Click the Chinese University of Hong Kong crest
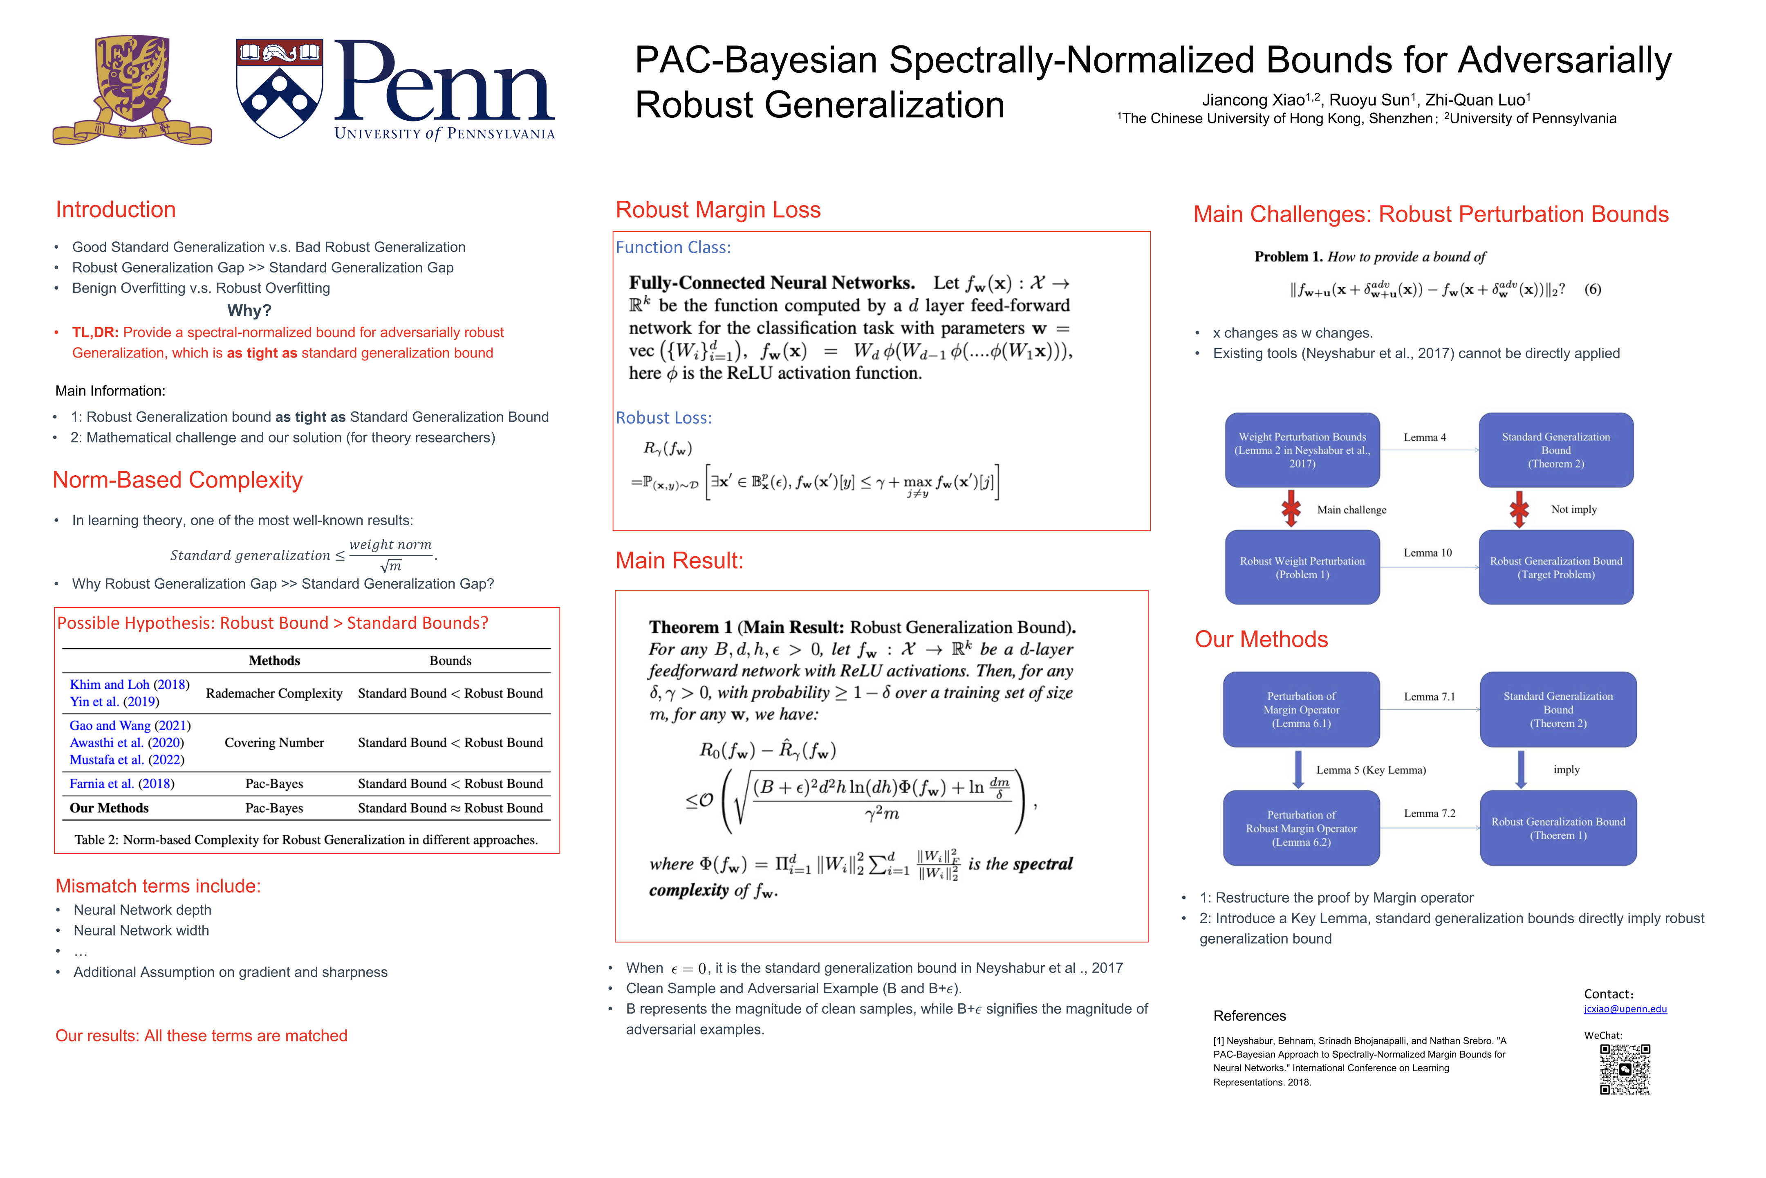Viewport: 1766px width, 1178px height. pyautogui.click(x=132, y=89)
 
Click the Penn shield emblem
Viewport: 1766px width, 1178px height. pyautogui.click(x=279, y=89)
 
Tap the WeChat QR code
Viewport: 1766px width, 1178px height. pyautogui.click(x=1625, y=1069)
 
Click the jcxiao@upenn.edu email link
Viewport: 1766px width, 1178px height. pyautogui.click(x=1625, y=1009)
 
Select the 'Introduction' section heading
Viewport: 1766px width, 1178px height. pyautogui.click(x=116, y=209)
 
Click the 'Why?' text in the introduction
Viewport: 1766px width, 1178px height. pyautogui.click(x=249, y=310)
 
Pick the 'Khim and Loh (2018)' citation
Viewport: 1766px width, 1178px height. pyautogui.click(x=129, y=684)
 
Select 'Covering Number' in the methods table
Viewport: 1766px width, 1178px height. pyautogui.click(x=274, y=742)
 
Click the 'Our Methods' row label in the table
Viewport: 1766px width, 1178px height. pyautogui.click(x=109, y=807)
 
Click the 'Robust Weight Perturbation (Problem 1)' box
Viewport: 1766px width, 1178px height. pyautogui.click(x=1302, y=567)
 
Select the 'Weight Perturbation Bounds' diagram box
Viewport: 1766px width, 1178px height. pyautogui.click(x=1302, y=450)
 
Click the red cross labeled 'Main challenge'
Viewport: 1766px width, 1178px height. pyautogui.click(x=1291, y=508)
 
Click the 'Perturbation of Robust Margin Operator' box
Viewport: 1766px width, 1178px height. pyautogui.click(x=1301, y=828)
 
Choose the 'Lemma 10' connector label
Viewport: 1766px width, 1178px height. pyautogui.click(x=1428, y=553)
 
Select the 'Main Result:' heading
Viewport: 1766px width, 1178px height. pyautogui.click(x=679, y=560)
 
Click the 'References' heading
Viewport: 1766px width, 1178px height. pyautogui.click(x=1249, y=1016)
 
